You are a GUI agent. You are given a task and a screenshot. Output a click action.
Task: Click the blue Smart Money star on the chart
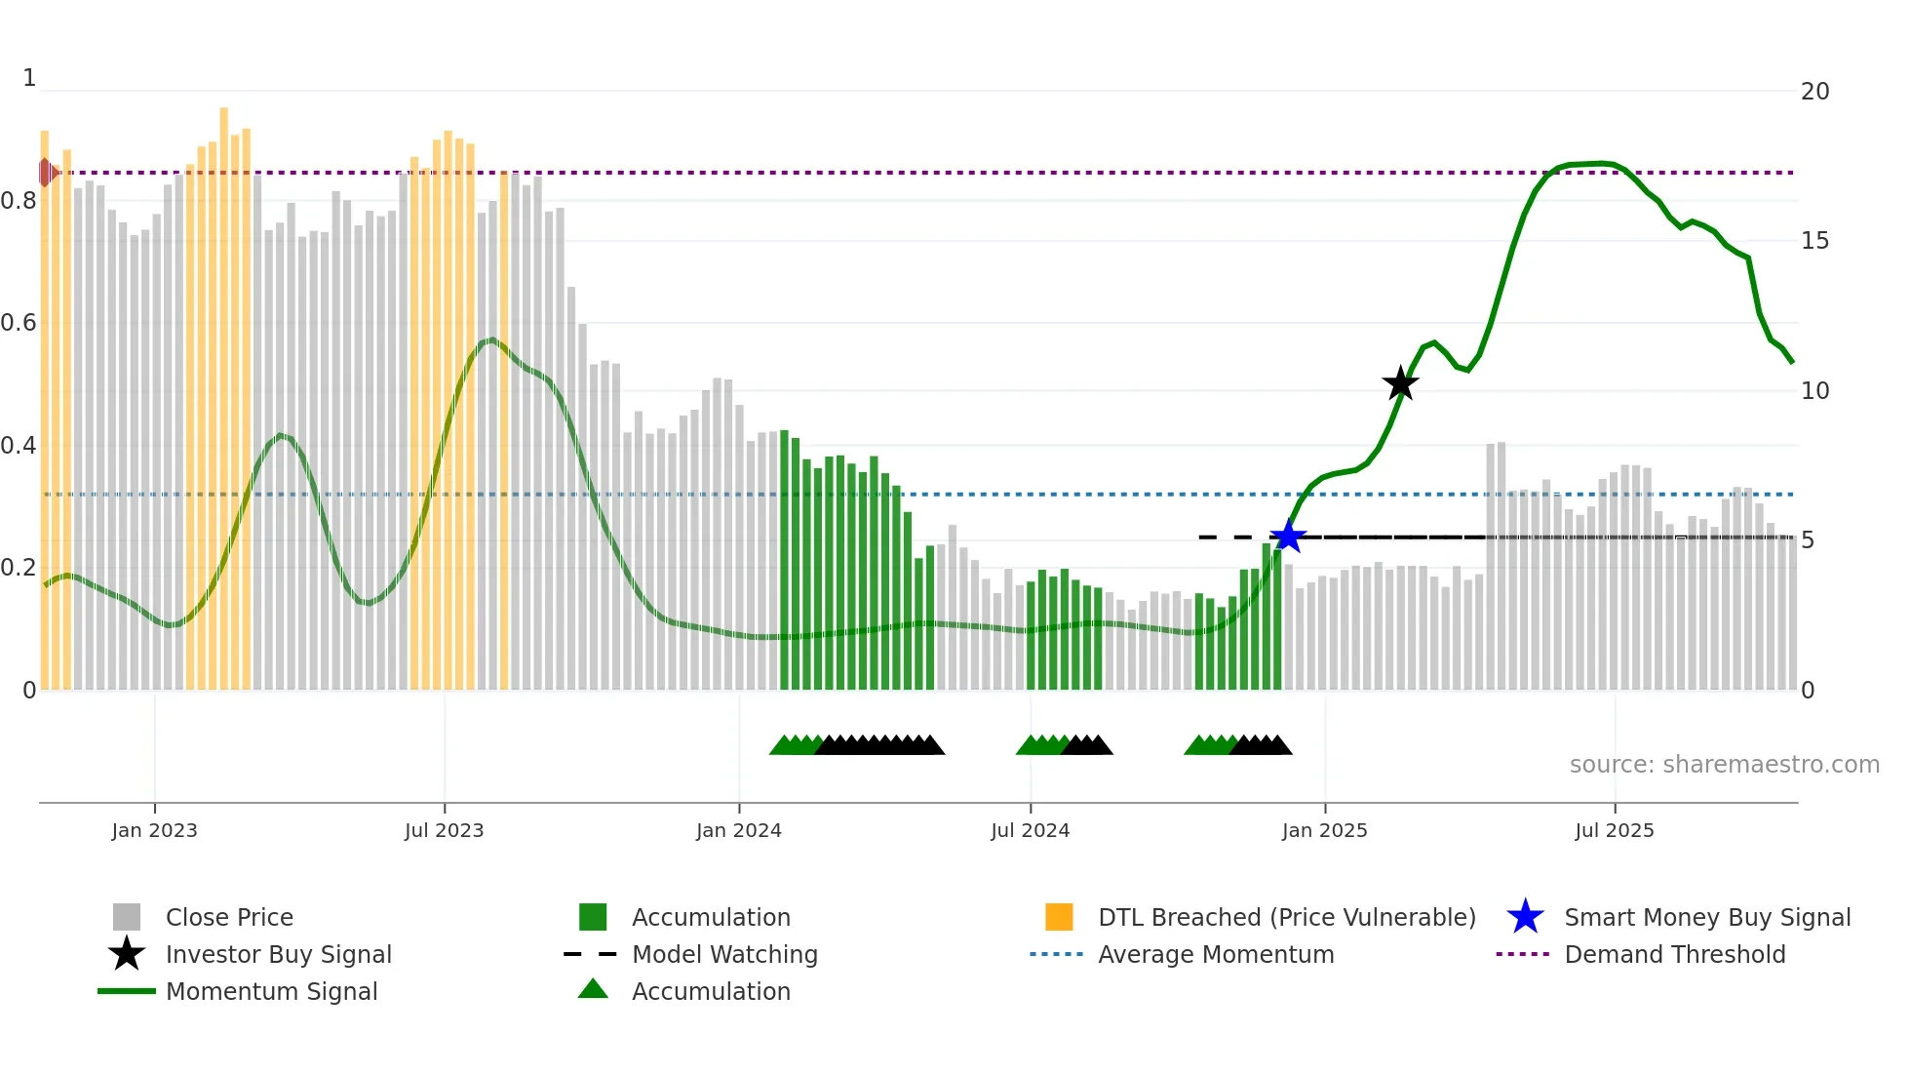click(x=1288, y=537)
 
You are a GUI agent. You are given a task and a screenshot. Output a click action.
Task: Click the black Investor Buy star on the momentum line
click(x=1400, y=384)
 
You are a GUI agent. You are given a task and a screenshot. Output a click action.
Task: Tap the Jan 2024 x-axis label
click(x=738, y=830)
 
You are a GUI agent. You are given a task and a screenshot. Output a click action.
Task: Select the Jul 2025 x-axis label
click(x=1615, y=830)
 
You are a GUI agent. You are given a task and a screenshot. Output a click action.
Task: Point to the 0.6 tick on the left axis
click(x=19, y=323)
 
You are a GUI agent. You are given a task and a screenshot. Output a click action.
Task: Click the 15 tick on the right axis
click(x=1814, y=241)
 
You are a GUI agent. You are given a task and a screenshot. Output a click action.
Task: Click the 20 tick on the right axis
click(x=1814, y=92)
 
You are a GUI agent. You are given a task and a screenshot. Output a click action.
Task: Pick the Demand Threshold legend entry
click(x=1674, y=954)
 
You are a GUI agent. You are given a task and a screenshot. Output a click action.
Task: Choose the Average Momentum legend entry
click(x=1215, y=954)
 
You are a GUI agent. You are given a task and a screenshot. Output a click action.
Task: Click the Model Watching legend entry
click(x=723, y=954)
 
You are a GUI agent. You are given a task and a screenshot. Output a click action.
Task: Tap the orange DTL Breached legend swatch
click(x=1059, y=917)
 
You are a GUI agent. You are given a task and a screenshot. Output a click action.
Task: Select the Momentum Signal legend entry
click(x=271, y=991)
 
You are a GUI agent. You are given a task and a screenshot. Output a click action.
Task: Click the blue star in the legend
click(x=1525, y=917)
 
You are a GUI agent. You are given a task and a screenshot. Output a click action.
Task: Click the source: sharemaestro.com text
click(x=1724, y=765)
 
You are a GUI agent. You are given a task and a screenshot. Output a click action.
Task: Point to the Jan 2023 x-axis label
click(x=154, y=830)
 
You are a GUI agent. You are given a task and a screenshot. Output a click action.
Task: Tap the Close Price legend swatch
click(x=127, y=917)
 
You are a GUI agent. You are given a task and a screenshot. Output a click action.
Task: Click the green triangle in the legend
click(x=593, y=990)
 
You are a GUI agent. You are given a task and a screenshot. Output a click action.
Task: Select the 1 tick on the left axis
click(x=29, y=78)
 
